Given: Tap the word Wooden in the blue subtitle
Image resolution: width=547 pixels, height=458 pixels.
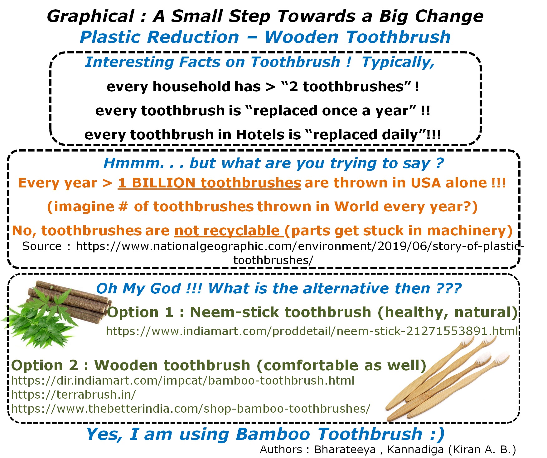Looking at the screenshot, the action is point(301,37).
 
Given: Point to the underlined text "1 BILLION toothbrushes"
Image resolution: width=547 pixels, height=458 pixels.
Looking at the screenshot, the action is point(209,183).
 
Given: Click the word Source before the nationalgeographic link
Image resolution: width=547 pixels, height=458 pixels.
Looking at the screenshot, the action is point(42,246).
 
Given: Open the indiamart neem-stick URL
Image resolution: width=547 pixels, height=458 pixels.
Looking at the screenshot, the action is point(312,331).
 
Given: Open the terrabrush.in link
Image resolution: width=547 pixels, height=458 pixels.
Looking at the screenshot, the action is point(74,395).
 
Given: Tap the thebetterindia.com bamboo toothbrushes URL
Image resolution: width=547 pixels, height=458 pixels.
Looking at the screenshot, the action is point(191,409).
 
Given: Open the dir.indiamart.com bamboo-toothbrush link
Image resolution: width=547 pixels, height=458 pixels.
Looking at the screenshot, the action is point(183,381).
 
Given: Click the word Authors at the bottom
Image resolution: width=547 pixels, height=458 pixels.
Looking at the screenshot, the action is point(281,450).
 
